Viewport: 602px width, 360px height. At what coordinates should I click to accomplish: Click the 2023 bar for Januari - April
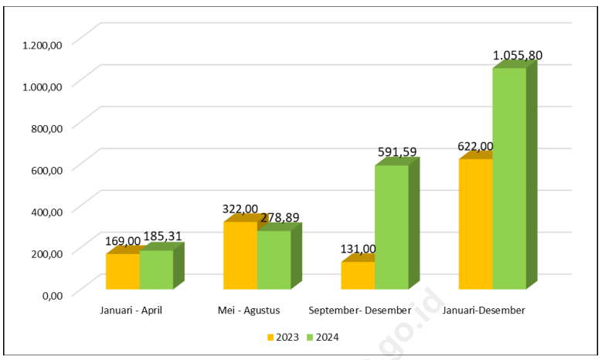[x=122, y=271]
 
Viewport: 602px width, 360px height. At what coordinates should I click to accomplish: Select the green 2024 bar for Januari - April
[x=156, y=270]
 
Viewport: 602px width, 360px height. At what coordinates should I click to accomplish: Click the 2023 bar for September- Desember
[x=358, y=276]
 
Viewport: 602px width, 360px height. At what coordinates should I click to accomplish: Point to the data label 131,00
[x=358, y=249]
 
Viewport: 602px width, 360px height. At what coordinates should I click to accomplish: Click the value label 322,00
[x=240, y=209]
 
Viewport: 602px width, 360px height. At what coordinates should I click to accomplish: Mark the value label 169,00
[x=123, y=241]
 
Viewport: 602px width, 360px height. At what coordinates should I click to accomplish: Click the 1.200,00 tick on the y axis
[x=43, y=45]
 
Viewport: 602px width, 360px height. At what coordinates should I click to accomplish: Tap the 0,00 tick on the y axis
[x=51, y=294]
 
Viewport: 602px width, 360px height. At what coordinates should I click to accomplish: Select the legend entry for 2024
[x=322, y=337]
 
